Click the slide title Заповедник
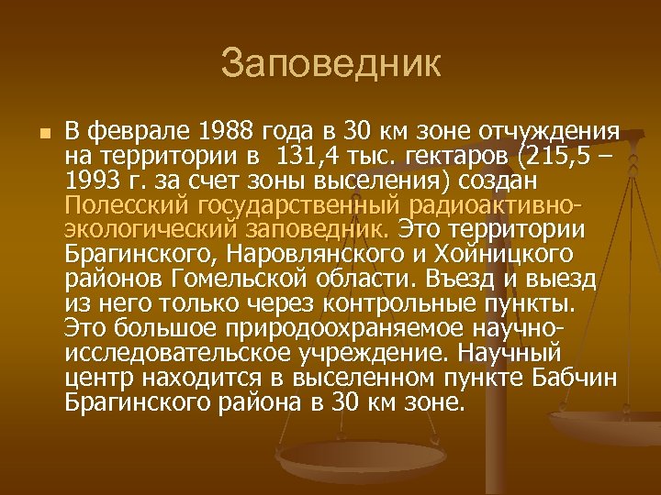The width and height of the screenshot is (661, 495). click(330, 64)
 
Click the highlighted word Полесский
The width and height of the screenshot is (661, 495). click(121, 203)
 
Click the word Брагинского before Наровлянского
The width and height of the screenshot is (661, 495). click(137, 252)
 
